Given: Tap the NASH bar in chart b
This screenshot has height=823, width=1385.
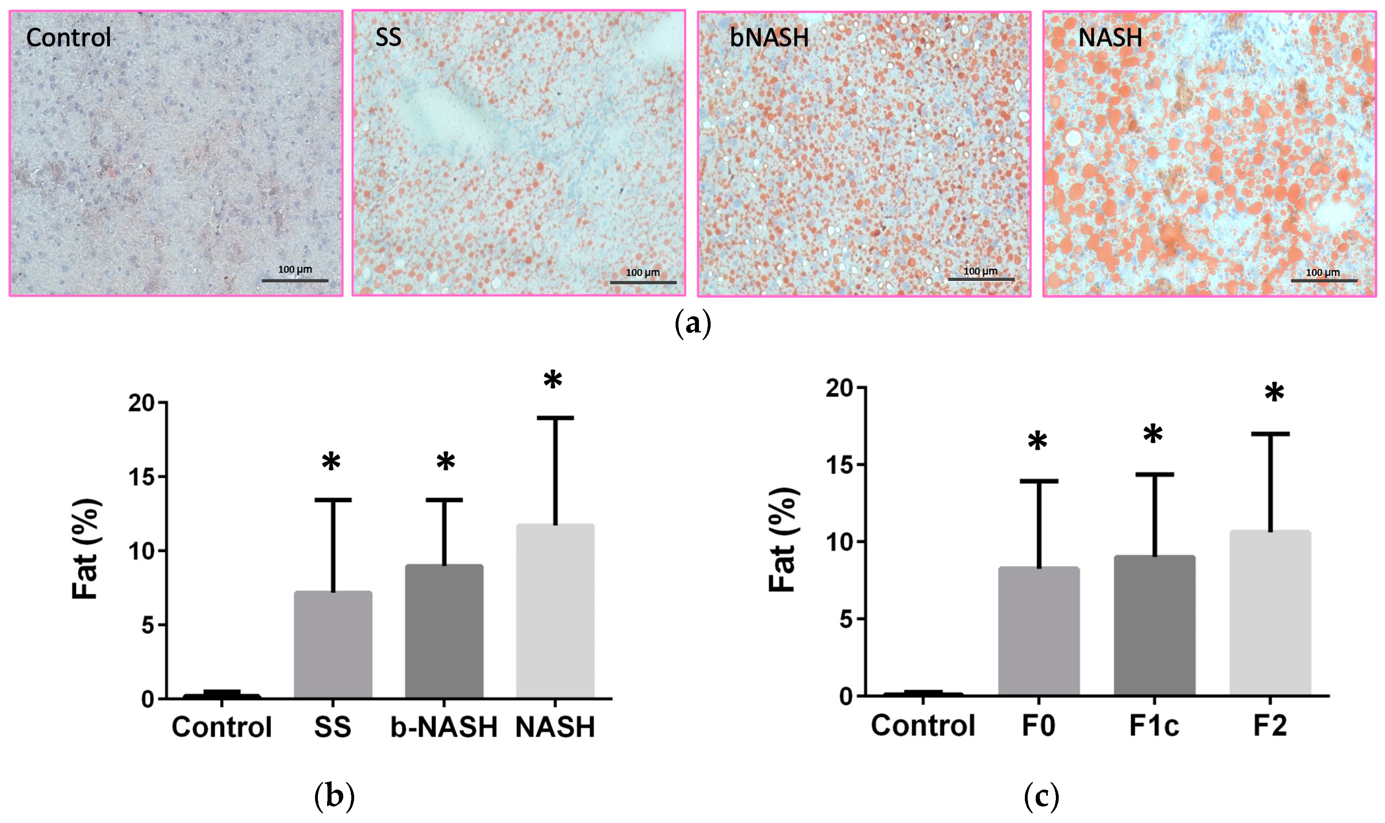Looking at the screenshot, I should [555, 611].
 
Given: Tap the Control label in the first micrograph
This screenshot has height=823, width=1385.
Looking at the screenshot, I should [69, 38].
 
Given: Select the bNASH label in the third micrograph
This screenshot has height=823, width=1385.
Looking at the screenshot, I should [769, 38].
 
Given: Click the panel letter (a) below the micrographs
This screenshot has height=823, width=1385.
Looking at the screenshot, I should [692, 324].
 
